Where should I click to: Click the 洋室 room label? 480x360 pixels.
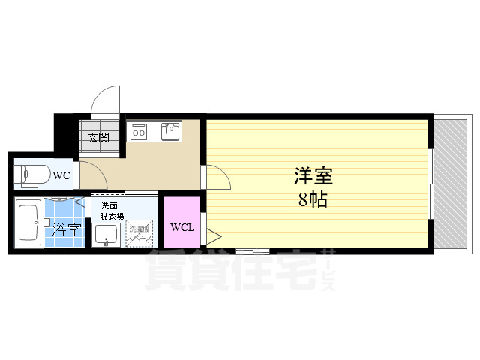coord(313,177)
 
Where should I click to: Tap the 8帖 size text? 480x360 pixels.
coord(313,200)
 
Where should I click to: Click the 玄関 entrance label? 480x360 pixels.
coord(98,137)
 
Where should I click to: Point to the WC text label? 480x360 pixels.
coord(61,176)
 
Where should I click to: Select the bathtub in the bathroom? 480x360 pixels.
coord(28,222)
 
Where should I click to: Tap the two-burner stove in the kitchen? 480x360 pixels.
coord(139,133)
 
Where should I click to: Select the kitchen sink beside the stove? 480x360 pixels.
coord(170,132)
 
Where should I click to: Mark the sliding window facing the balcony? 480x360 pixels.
coord(430,182)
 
